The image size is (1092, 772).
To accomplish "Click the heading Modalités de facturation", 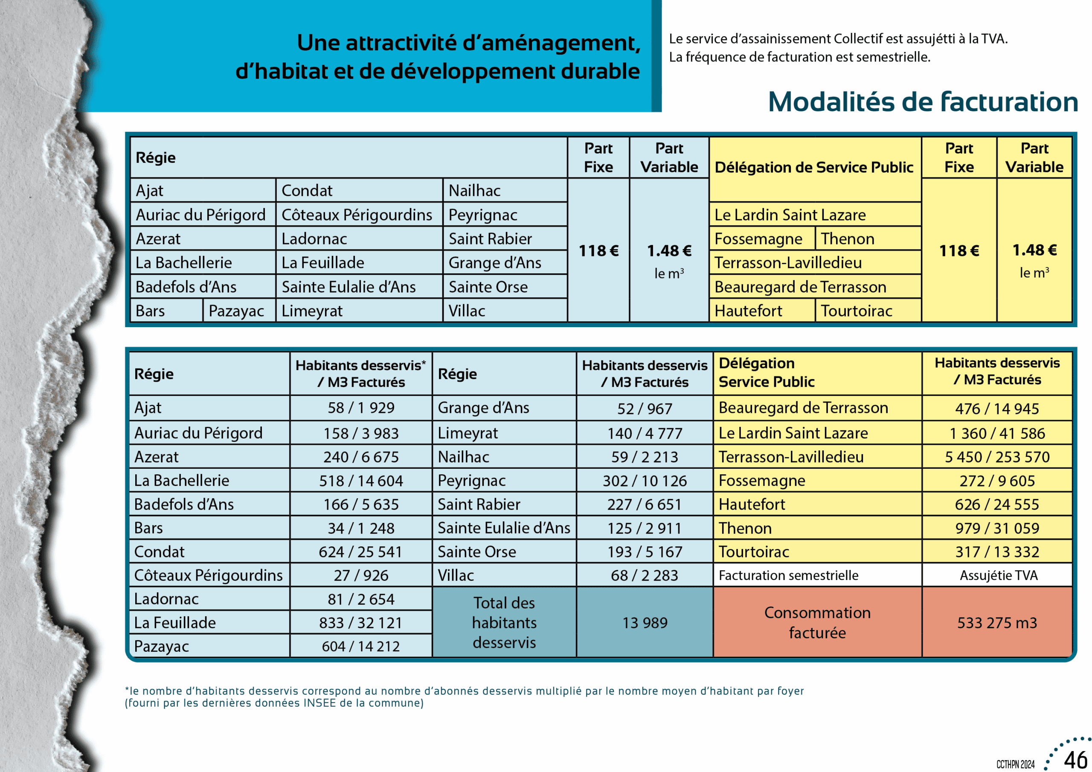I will [923, 102].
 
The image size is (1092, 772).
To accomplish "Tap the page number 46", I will [1075, 760].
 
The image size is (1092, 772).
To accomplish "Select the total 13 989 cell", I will [645, 623].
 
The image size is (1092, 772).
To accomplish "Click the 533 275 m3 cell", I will [997, 623].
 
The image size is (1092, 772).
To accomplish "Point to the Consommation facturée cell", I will [817, 623].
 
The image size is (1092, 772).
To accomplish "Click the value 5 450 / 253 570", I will [997, 457].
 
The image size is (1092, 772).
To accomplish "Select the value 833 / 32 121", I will [360, 623].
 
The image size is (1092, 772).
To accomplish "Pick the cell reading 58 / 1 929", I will [360, 408].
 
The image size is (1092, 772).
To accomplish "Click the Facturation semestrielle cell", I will [788, 575].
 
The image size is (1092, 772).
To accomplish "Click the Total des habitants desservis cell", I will [504, 623].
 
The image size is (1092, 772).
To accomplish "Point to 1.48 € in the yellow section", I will [1034, 250].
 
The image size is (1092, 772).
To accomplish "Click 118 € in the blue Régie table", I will [598, 251].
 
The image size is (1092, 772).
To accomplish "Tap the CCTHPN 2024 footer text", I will [1015, 764].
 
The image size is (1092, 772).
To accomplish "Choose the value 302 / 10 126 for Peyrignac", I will [645, 481].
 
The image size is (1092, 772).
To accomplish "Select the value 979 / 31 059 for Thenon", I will [997, 528].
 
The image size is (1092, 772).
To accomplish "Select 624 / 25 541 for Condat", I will [360, 552].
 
